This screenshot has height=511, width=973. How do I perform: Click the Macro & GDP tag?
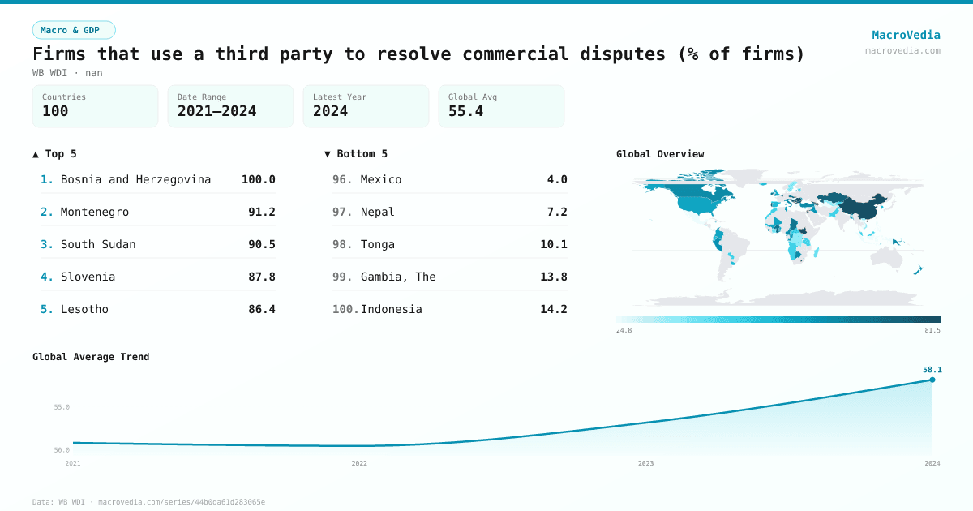pyautogui.click(x=74, y=30)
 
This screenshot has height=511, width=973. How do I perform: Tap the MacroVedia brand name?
pyautogui.click(x=906, y=35)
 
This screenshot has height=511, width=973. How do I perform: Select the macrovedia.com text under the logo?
pyautogui.click(x=902, y=50)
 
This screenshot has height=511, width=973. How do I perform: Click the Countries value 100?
pyautogui.click(x=55, y=111)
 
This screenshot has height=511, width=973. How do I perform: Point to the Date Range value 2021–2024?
pyautogui.click(x=216, y=111)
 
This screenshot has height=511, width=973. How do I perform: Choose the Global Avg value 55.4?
pyautogui.click(x=465, y=111)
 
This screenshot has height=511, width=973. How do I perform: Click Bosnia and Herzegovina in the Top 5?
pyautogui.click(x=135, y=179)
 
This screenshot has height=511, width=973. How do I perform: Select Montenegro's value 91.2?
pyautogui.click(x=261, y=212)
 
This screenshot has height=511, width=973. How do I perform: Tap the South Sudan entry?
pyautogui.click(x=98, y=244)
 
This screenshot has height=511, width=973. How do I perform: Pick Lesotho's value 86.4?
pyautogui.click(x=261, y=309)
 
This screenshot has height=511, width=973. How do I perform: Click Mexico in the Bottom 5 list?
pyautogui.click(x=381, y=179)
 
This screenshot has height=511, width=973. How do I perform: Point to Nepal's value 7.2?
pyautogui.click(x=556, y=212)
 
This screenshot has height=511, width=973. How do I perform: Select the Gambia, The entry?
pyautogui.click(x=398, y=277)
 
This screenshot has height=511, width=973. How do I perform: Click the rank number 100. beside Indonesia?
pyautogui.click(x=345, y=309)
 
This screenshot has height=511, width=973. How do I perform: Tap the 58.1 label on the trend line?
pyautogui.click(x=932, y=370)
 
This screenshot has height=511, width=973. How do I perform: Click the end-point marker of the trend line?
pyautogui.click(x=932, y=380)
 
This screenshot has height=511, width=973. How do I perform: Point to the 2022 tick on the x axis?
pyautogui.click(x=359, y=463)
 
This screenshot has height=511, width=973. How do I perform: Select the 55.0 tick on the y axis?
pyautogui.click(x=62, y=407)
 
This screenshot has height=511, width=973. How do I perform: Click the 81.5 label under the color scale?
pyautogui.click(x=932, y=330)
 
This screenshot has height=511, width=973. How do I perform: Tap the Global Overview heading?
pyautogui.click(x=660, y=154)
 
